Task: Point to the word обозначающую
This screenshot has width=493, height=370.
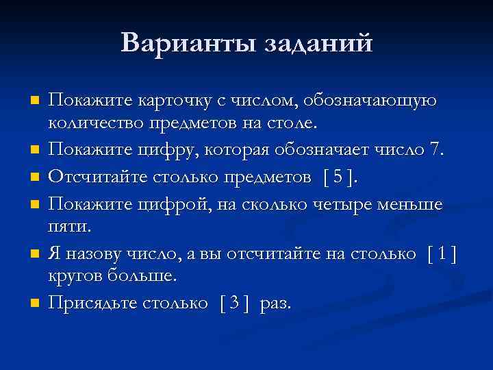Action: point(374,101)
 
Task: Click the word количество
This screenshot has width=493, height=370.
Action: point(94,124)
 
